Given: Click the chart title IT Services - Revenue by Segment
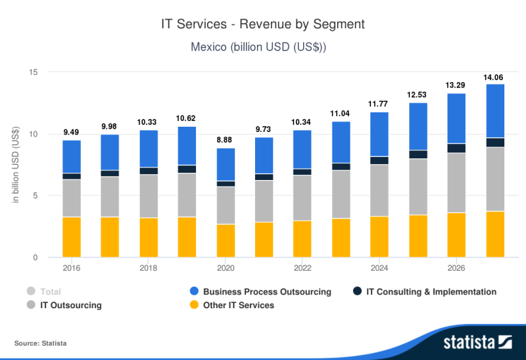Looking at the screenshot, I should pyautogui.click(x=263, y=24).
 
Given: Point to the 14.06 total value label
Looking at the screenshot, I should pyautogui.click(x=495, y=77).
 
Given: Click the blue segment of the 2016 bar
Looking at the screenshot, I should pyautogui.click(x=72, y=156).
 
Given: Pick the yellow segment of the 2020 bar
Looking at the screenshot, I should pyautogui.click(x=226, y=240).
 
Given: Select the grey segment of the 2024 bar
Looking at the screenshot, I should pyautogui.click(x=379, y=190).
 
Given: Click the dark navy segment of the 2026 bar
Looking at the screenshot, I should pyautogui.click(x=456, y=148).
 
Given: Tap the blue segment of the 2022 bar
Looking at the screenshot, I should pyautogui.click(x=302, y=149).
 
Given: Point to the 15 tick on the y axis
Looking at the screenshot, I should pyautogui.click(x=34, y=72).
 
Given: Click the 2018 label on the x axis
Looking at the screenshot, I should pyautogui.click(x=149, y=268).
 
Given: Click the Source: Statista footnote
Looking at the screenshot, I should pyautogui.click(x=40, y=344).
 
